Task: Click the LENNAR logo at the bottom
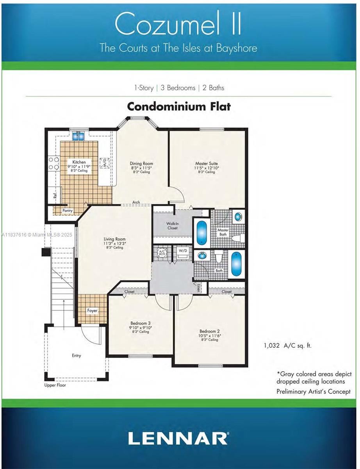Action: point(178,438)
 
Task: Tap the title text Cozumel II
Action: point(178,25)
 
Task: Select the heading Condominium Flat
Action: point(179,106)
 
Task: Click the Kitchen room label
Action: point(78,162)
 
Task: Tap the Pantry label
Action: point(68,211)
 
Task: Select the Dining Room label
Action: point(141,163)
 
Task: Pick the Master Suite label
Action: point(207,163)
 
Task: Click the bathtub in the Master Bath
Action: point(201,233)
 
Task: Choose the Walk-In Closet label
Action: point(172,226)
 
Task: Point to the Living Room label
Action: point(114,239)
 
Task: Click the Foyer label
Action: point(92,310)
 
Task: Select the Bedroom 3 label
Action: point(141,323)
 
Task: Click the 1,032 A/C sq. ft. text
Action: point(288,345)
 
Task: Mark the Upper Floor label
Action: point(55,385)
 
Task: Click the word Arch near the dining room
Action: point(136,202)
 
